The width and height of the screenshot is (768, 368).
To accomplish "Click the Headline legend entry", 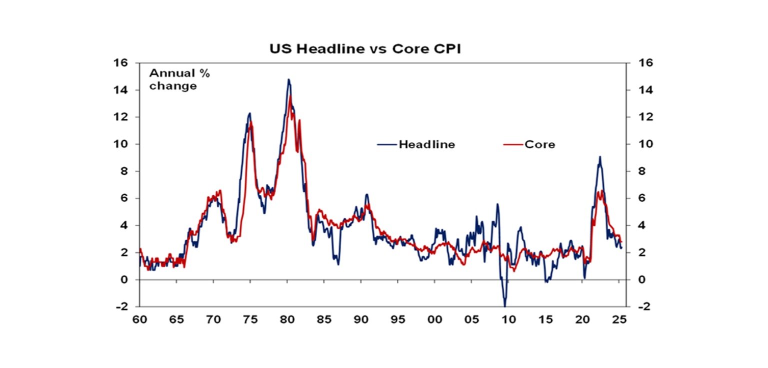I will point(426,145).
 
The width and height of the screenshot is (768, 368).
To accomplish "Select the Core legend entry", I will point(539,145).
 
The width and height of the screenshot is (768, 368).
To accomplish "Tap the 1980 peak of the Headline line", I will point(288,79).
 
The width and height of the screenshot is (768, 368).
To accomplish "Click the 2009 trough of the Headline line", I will point(505,306).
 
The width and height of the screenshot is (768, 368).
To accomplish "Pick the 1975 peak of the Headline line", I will point(249,113).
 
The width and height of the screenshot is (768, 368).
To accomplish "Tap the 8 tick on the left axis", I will point(125,171).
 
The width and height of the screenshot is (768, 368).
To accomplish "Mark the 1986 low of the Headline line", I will point(338,264).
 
